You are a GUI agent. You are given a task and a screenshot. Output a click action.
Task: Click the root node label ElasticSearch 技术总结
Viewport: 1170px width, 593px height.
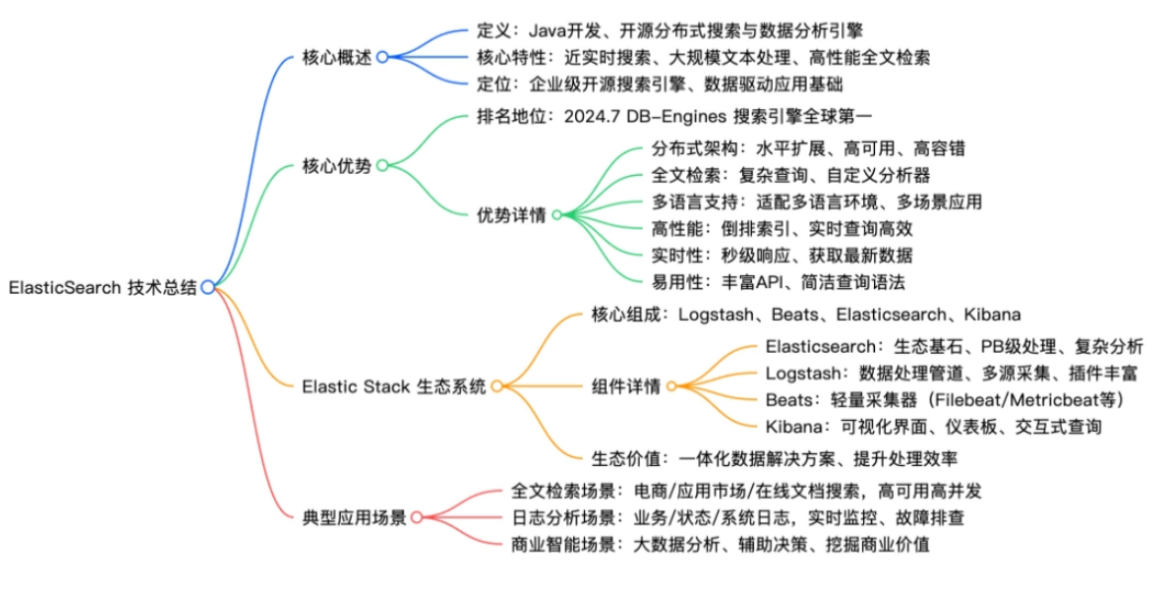tap(102, 288)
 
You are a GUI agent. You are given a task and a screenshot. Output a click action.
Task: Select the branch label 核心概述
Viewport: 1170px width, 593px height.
tap(337, 58)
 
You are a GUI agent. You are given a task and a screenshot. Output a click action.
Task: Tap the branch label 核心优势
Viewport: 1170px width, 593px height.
tap(337, 166)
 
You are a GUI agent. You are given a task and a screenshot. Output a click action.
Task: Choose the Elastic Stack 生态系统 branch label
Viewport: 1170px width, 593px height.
tap(394, 385)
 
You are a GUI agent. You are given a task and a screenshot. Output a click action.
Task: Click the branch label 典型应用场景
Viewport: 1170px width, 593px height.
tap(355, 518)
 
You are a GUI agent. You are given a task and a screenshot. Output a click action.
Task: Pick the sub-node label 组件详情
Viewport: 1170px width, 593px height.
tap(626, 386)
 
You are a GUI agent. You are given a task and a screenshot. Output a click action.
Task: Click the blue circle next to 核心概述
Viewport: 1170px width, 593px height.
tap(381, 58)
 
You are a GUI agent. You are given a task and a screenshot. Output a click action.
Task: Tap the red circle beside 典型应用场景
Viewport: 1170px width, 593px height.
tap(417, 518)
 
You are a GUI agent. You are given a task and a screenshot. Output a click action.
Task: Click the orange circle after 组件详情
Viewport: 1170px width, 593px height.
tap(671, 386)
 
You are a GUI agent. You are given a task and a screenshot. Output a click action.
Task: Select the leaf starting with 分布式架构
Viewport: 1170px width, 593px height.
tap(807, 148)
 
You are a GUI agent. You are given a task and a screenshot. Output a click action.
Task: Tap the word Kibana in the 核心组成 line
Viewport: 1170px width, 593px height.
tap(991, 315)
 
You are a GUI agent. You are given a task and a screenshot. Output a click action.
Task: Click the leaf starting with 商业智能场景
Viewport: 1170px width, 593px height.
tap(719, 544)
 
